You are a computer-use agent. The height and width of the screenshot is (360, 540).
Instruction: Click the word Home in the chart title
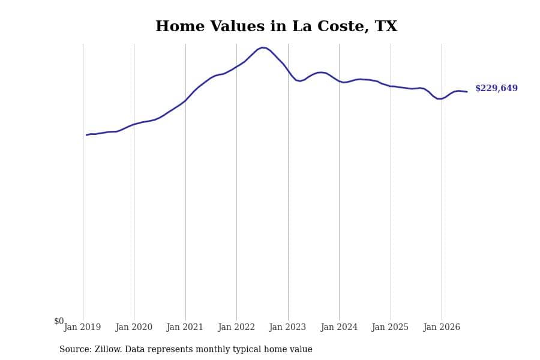180,26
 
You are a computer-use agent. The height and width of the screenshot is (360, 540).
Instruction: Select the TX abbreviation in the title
386,26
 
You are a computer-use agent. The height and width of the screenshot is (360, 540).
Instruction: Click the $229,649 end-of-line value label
496,88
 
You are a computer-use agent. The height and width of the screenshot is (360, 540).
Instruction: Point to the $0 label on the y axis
59,321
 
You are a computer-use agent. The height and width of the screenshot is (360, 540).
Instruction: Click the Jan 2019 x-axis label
82,327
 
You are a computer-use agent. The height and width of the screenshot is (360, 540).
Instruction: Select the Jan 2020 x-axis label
134,327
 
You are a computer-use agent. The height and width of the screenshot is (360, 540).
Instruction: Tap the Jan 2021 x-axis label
185,327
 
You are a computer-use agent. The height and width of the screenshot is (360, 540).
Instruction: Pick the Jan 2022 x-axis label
236,327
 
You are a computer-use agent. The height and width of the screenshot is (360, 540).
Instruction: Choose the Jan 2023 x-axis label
287,327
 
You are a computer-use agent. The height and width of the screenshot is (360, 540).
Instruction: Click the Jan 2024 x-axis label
339,327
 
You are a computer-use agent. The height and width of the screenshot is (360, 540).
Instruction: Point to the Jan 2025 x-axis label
390,327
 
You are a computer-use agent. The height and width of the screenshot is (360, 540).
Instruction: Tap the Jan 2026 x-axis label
442,327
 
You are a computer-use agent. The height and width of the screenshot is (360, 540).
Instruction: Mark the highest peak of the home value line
263,47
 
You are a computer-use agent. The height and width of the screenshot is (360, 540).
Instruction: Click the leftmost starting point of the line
86,135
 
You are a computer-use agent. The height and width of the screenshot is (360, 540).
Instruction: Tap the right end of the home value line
467,92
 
